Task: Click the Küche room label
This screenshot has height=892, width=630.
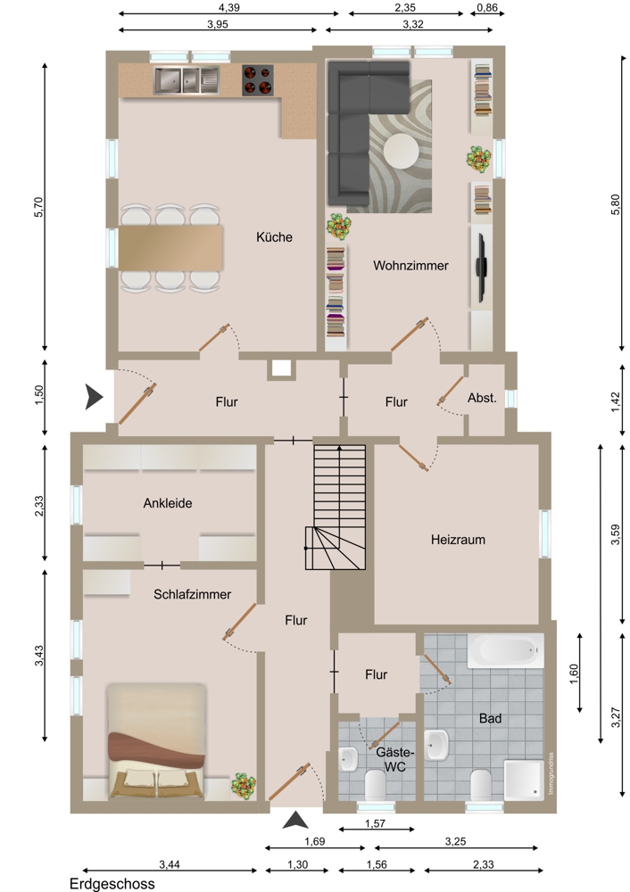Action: (x=274, y=237)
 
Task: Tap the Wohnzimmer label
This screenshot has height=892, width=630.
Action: (x=410, y=266)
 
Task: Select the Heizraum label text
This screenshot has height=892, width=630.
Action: (x=458, y=540)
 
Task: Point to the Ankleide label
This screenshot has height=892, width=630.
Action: (x=168, y=503)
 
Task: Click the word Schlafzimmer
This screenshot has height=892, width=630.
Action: (x=193, y=594)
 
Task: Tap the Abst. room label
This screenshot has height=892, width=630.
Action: (x=482, y=398)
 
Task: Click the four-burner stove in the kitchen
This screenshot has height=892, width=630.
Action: (x=257, y=79)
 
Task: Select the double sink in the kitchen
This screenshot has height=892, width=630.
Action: (x=187, y=80)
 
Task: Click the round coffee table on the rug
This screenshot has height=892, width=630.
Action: (x=402, y=152)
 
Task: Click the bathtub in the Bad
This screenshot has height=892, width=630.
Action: (x=505, y=651)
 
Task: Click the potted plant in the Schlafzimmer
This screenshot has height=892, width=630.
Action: (x=244, y=786)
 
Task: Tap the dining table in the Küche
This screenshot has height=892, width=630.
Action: (x=170, y=247)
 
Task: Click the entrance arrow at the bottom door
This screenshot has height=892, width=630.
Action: (x=295, y=820)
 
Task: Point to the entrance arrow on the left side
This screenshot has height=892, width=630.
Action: (x=94, y=397)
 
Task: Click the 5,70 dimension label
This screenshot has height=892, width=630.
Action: (x=38, y=207)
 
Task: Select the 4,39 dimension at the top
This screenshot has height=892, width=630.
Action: (x=228, y=7)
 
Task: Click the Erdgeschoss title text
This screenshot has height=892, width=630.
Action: (x=112, y=883)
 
